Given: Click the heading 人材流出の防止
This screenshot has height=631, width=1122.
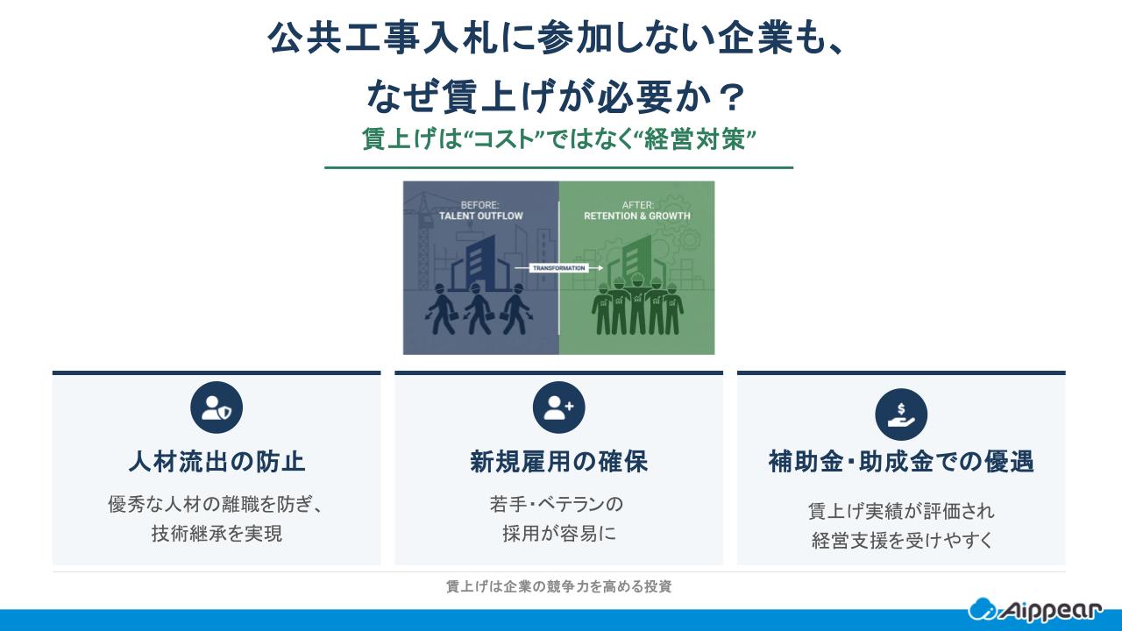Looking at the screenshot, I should coord(217,461).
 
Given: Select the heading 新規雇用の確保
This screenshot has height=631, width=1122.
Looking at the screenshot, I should coord(558,461).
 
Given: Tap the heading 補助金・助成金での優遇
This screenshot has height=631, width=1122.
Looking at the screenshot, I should coord(900,461).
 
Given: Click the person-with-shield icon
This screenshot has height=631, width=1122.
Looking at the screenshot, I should coord(217,408).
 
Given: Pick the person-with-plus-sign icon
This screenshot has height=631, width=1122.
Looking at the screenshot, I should coord(558,408).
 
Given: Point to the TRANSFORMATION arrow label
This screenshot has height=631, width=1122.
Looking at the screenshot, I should coord(559,268).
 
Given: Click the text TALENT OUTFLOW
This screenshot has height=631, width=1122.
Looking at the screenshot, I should coord(480,216).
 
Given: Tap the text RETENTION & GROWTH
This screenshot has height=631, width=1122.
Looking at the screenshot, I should coord(637,216).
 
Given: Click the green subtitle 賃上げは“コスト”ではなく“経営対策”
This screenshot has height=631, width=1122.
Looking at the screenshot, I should coord(559,139).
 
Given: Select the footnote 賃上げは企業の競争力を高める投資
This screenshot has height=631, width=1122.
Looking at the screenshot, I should coord(558,587).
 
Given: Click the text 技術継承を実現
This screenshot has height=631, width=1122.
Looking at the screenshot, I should coord(217,533).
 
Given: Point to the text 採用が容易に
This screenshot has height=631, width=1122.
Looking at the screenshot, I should coord(558,533).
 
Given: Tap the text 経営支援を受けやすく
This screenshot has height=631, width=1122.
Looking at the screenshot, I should coord(900,540).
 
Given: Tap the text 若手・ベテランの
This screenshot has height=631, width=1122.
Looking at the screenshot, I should coord(558,505).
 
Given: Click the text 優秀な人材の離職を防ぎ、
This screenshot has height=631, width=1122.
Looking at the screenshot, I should coord(217,505).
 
